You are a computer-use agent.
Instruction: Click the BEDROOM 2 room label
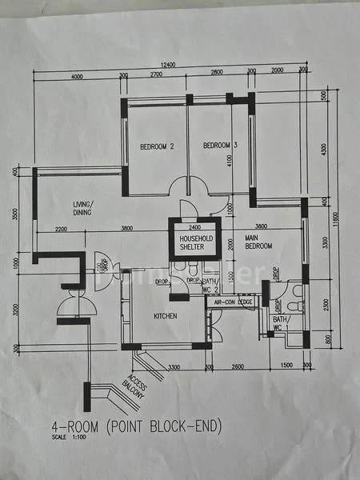(x=157, y=146)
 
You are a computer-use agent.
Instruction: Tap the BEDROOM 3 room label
(x=220, y=146)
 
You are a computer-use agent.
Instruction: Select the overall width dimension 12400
(x=166, y=64)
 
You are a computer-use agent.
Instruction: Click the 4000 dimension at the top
(x=77, y=77)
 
